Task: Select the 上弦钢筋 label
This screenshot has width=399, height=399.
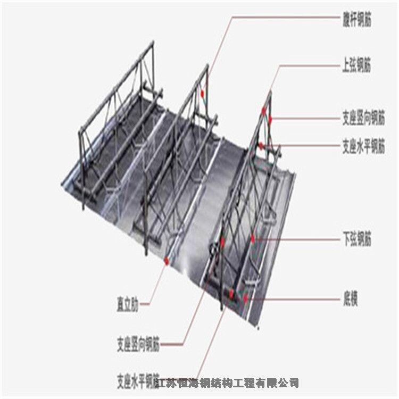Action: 356,66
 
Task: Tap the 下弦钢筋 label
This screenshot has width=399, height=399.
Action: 356,239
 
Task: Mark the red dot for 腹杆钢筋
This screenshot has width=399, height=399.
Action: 203,94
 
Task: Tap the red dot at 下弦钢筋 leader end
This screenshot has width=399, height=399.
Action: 254,239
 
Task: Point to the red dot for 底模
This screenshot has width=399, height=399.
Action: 245,299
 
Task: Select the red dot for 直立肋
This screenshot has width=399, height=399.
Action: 167,261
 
